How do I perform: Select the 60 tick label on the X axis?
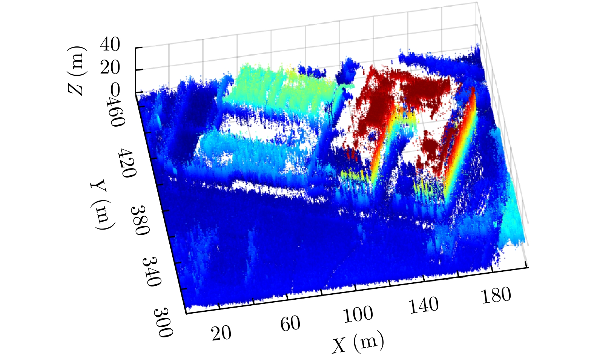click(290, 323)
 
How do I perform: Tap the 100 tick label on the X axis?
click(358, 314)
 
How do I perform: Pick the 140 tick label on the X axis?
click(424, 305)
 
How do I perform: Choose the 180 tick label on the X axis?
click(496, 295)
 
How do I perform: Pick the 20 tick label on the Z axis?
click(110, 68)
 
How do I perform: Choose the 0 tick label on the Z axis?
click(115, 90)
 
